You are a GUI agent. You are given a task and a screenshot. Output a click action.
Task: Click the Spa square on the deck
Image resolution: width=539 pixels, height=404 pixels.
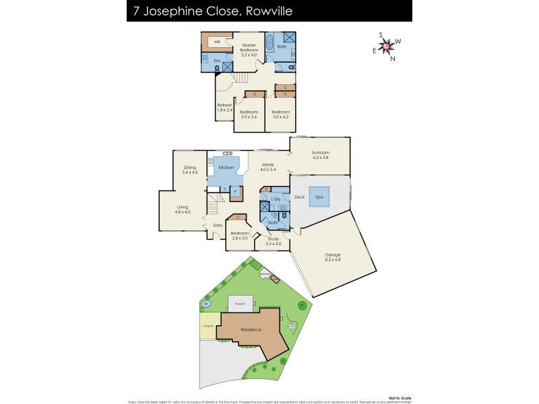pos(319,197)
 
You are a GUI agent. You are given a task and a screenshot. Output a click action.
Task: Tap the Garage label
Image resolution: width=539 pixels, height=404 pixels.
pos(333,255)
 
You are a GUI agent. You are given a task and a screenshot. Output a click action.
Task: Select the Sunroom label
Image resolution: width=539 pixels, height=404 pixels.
pos(320,153)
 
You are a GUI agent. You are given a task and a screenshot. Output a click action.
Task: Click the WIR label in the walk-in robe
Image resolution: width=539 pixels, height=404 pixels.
pos(217,42)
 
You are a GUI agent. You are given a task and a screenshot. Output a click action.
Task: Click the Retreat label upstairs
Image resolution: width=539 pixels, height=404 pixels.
pos(224,105)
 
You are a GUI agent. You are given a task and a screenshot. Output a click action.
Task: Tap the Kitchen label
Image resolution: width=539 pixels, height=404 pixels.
pos(226,167)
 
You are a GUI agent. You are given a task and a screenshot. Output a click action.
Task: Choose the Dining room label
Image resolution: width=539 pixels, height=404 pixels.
pos(189,168)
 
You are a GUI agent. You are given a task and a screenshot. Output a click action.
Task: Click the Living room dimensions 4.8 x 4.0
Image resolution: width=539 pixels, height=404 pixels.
pos(183,212)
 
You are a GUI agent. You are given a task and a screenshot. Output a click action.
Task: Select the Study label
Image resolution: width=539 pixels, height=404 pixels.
pos(273,238)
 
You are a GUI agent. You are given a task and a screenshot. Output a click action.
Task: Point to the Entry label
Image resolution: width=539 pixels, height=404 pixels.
pos(218,225)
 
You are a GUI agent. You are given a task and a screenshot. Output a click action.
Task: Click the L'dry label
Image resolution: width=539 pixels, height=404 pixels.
pos(276,200)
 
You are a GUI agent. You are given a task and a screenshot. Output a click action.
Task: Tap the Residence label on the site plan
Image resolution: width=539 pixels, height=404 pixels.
pos(252,331)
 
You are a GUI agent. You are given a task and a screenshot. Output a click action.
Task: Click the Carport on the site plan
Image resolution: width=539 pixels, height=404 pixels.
pos(208,326)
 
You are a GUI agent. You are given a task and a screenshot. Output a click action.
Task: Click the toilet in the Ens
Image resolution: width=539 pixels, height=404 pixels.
pos(205,59)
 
